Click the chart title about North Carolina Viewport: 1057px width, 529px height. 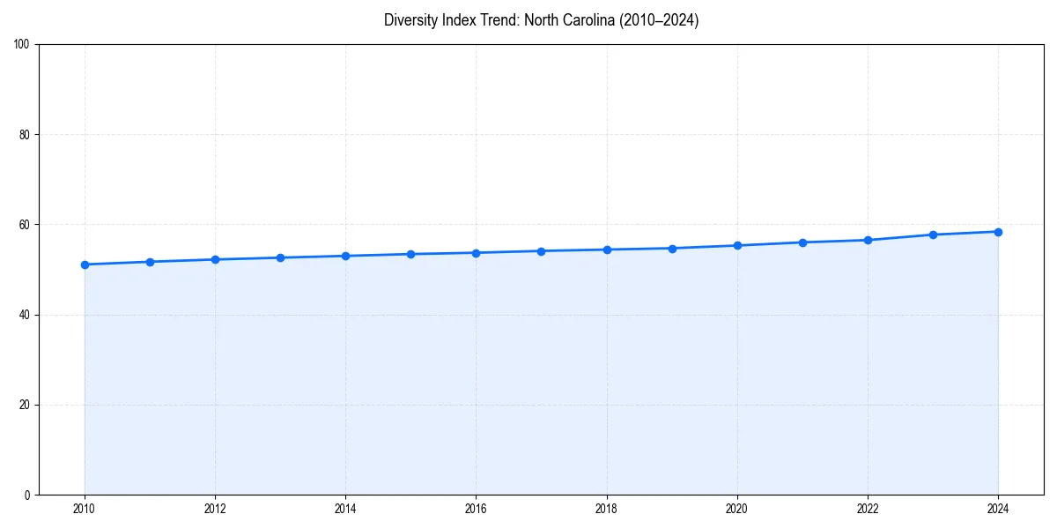pos(541,20)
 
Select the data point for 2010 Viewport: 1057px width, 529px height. pos(85,264)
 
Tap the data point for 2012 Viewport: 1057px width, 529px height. pos(215,259)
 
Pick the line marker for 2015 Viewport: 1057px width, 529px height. pos(410,254)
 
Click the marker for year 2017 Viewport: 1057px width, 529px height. pos(541,251)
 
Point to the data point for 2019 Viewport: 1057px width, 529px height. pos(672,249)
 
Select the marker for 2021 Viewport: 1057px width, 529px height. pos(802,242)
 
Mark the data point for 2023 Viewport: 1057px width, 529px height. pos(933,235)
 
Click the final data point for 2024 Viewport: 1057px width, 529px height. pos(998,232)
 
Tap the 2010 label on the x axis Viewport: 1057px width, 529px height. pos(85,509)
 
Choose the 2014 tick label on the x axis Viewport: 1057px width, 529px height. pos(345,509)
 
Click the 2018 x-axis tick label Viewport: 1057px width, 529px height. pos(607,509)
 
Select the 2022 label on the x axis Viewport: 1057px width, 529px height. pos(868,509)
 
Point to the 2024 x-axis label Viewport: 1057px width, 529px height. pos(998,509)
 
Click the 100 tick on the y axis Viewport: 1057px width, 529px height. pos(22,45)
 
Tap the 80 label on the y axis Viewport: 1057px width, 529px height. pos(25,135)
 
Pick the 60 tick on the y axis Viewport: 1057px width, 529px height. pos(25,225)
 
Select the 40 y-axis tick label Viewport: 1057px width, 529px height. pos(25,315)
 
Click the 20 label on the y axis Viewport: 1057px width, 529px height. pos(25,405)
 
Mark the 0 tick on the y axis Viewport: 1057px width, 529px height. pos(27,495)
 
